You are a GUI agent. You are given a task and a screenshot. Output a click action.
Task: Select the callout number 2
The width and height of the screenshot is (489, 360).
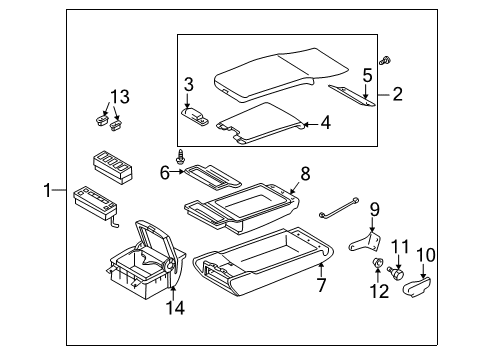[398, 95]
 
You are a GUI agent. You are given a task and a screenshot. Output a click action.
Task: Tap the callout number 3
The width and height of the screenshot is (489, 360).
[188, 83]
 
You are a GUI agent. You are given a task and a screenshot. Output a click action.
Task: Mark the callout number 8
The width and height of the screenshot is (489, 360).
[306, 173]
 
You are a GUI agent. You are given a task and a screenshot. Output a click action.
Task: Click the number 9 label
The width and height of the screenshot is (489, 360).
[374, 210]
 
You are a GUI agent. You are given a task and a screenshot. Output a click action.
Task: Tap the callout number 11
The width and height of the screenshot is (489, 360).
[400, 246]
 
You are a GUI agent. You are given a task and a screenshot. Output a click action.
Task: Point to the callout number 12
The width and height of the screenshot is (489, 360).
[379, 290]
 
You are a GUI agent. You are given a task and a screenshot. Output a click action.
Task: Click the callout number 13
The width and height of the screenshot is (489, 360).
[120, 96]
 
